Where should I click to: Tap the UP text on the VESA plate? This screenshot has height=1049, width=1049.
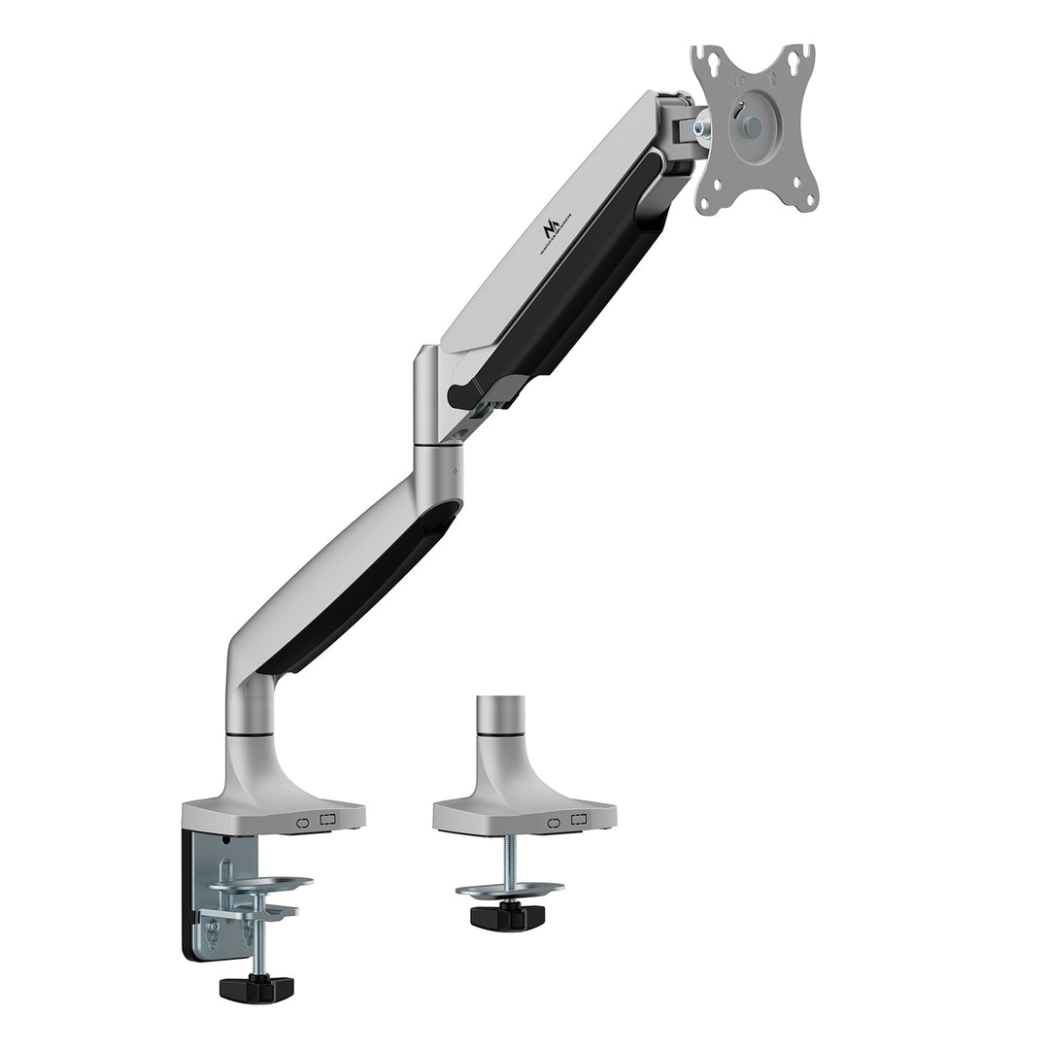737,82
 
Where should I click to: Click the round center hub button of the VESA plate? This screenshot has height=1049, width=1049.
756,126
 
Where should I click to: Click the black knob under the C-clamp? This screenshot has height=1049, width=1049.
256,988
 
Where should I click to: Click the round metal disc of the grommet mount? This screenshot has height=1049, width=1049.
509,889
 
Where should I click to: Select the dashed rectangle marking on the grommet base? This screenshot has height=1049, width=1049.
579,820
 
